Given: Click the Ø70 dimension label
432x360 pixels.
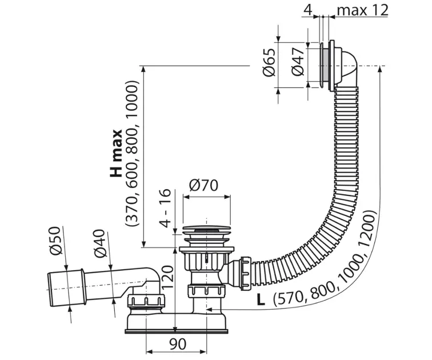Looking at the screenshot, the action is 203,185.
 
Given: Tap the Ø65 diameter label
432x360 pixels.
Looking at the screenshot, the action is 269,62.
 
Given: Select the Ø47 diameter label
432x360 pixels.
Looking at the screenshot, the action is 298,61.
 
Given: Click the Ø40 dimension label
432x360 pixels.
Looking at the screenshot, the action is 99,243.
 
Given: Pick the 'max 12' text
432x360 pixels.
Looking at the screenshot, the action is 362,10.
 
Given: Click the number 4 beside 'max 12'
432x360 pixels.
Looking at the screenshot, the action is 308,10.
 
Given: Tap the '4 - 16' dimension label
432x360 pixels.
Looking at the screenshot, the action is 165,208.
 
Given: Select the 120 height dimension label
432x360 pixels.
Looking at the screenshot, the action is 167,277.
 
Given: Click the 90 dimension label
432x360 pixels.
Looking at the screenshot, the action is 178,344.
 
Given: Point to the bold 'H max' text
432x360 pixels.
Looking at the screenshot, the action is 116,153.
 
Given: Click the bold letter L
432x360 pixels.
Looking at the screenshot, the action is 261,299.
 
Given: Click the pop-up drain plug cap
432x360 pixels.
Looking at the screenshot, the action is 206,230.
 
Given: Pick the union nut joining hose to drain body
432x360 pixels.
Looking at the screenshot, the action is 245,273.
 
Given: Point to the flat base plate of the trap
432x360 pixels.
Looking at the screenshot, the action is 177,331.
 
